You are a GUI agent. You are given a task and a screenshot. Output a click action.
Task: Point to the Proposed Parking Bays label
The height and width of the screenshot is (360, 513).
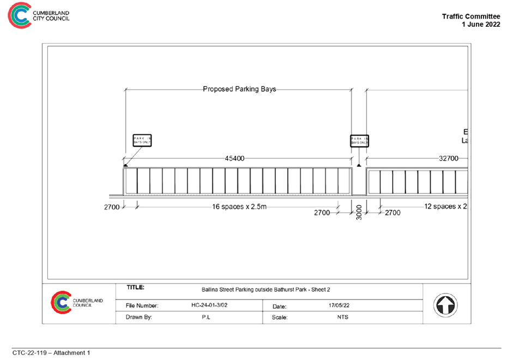click(239, 89)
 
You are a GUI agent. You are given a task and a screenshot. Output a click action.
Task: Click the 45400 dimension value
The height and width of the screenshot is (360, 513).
click(234, 159)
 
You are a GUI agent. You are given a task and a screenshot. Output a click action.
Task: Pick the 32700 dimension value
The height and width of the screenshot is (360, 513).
click(448, 159)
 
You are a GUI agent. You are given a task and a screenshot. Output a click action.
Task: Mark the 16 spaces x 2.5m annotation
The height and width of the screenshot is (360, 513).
click(239, 207)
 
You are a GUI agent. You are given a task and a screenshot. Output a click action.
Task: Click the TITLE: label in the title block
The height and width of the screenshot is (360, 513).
click(136, 287)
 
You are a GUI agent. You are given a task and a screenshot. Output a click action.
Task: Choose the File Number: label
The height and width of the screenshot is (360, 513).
click(142, 306)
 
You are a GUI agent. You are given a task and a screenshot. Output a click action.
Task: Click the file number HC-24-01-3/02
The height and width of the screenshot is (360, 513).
click(209, 306)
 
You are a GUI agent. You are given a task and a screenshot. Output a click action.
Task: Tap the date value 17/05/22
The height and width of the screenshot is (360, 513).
click(339, 306)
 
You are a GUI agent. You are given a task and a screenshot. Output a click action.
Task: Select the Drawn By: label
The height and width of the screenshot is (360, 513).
click(139, 317)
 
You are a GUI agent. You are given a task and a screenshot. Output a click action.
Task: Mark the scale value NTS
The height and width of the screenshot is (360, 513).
click(342, 317)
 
